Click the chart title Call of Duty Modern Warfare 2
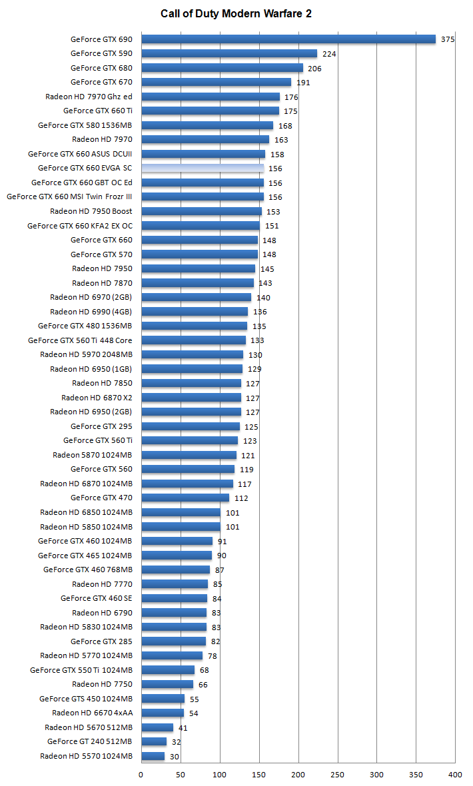(x=236, y=13)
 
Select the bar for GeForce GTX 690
(x=288, y=39)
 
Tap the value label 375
(x=448, y=40)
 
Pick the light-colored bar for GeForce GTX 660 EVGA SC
(x=203, y=168)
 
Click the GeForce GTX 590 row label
(x=101, y=53)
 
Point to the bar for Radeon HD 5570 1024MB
(x=153, y=756)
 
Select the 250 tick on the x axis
(x=338, y=775)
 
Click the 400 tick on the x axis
(x=456, y=775)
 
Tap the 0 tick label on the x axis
(x=141, y=775)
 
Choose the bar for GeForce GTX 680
(x=222, y=68)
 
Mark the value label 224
(x=328, y=54)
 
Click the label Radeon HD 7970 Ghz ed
(x=89, y=97)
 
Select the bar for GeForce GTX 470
(x=185, y=498)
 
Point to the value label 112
(x=241, y=498)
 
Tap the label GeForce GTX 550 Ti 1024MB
(x=81, y=670)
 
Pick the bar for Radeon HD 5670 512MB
(x=157, y=727)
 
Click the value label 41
(x=183, y=728)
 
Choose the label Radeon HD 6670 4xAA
(x=92, y=713)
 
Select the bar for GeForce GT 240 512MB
(x=154, y=741)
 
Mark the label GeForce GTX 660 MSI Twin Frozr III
(x=69, y=196)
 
